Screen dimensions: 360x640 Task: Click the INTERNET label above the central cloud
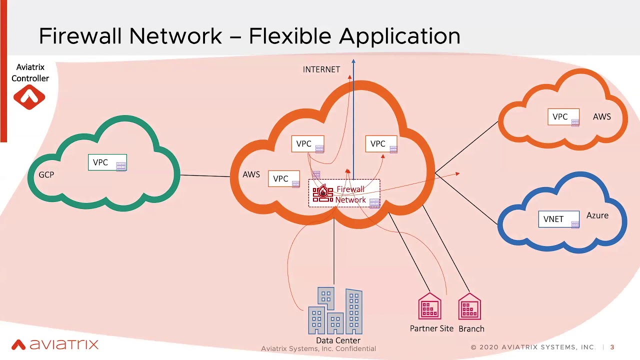tap(321, 69)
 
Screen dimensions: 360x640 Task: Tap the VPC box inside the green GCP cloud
tap(107, 162)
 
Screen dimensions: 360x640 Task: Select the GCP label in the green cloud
tap(46, 174)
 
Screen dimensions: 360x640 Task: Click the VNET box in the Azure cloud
tap(558, 219)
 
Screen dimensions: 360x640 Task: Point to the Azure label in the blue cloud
tap(597, 215)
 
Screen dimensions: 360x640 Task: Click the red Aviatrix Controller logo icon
tap(29, 97)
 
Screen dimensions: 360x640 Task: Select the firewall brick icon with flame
tap(322, 194)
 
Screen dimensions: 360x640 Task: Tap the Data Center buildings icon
tap(335, 310)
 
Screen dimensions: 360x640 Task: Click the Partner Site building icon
tap(429, 307)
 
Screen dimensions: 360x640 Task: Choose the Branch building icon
tap(469, 307)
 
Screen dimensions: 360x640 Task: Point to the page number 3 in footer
tap(612, 347)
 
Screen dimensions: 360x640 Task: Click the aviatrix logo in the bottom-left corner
tap(55, 344)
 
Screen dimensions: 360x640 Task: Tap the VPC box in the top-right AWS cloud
tap(563, 117)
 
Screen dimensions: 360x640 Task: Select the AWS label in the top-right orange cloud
tap(601, 116)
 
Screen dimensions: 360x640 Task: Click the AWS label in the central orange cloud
tap(251, 174)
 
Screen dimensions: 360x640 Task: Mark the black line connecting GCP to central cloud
tap(205, 175)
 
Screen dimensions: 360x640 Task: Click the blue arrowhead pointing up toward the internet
tap(353, 62)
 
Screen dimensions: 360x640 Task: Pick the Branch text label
tap(471, 329)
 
